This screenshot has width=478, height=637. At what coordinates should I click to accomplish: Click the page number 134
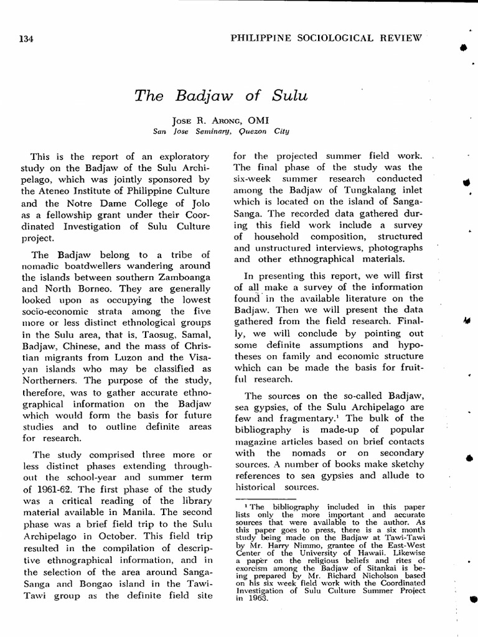click(x=26, y=39)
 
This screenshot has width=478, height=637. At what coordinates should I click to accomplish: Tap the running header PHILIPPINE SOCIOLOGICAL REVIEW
click(x=326, y=37)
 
